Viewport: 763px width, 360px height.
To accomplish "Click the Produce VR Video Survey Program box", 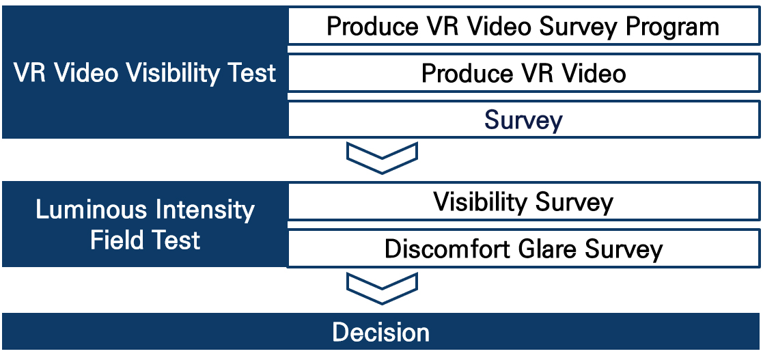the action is [525, 26].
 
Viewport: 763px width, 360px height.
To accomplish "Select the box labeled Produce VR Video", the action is [525, 73].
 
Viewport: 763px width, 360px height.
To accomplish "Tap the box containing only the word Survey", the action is [525, 119].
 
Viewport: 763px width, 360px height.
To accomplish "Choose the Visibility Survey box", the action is [525, 201].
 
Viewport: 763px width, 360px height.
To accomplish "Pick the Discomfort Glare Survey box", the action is [525, 249].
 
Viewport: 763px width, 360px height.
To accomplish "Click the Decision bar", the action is [381, 331].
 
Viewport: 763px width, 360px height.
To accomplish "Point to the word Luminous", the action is [92, 210].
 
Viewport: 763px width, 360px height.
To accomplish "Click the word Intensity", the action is [204, 211].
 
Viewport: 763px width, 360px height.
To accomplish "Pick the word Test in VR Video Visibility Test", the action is [251, 73].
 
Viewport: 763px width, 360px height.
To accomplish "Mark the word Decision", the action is [381, 332].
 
